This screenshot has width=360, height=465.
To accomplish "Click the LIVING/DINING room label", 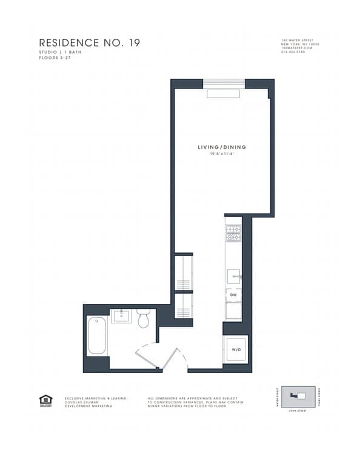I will [x=221, y=147].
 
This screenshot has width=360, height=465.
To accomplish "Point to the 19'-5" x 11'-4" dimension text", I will [x=221, y=154].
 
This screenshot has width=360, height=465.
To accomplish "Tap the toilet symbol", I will [x=144, y=318].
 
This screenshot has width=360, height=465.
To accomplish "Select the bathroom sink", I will [x=121, y=315].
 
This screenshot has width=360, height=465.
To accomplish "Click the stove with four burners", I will [x=233, y=233].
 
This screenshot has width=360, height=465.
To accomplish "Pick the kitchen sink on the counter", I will [x=233, y=276].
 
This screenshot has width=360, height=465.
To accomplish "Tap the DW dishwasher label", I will [x=233, y=295].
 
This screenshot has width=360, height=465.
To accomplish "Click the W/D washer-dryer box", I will [x=235, y=349].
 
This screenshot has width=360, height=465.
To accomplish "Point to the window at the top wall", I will [x=224, y=83].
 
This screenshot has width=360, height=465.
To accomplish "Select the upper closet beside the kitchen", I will [x=183, y=272].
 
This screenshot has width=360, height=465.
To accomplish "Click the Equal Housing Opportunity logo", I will [x=45, y=400].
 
